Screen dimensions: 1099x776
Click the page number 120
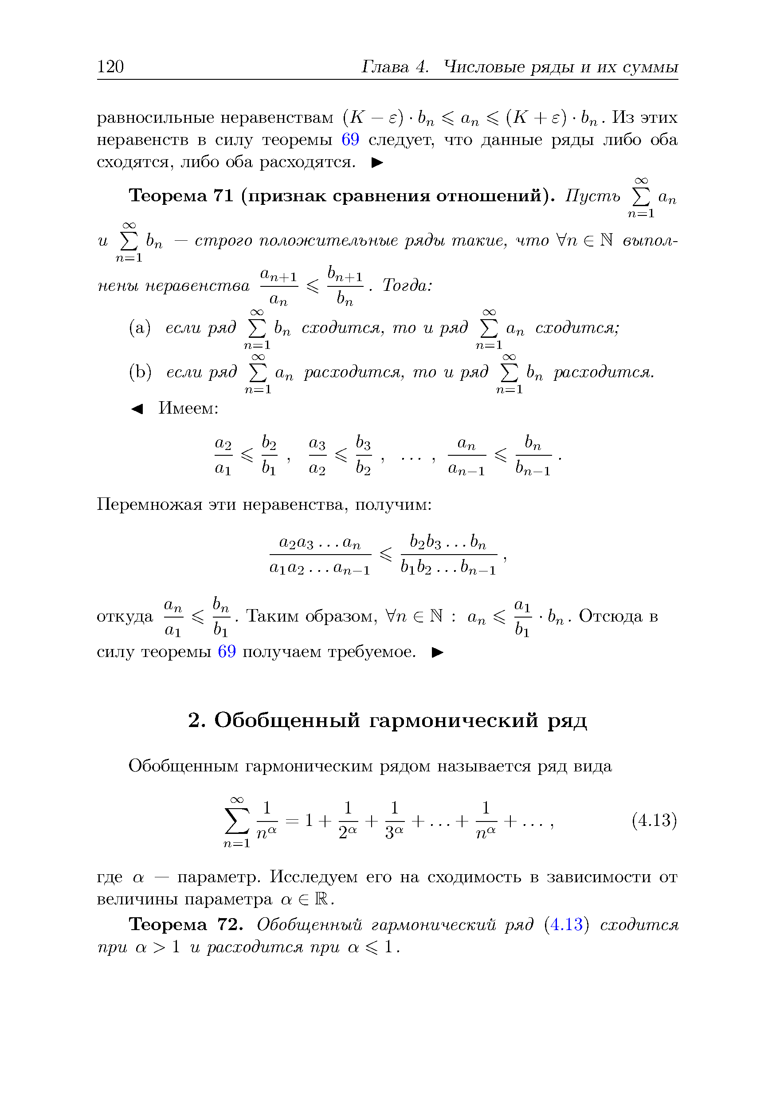click(110, 66)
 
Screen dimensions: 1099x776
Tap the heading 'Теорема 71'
click(181, 196)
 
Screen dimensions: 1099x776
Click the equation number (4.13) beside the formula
click(654, 820)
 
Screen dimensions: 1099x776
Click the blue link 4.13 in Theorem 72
click(566, 924)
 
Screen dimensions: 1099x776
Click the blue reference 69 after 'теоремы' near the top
click(350, 140)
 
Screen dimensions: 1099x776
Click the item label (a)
click(140, 328)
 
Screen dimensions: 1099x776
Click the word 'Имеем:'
click(188, 408)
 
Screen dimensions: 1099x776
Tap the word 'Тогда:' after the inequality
click(408, 286)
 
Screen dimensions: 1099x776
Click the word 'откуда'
click(125, 616)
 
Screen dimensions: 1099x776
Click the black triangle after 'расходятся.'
click(377, 163)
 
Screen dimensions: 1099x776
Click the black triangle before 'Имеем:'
click(137, 408)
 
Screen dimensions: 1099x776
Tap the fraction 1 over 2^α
click(348, 821)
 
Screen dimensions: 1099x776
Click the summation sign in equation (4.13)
click(237, 821)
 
